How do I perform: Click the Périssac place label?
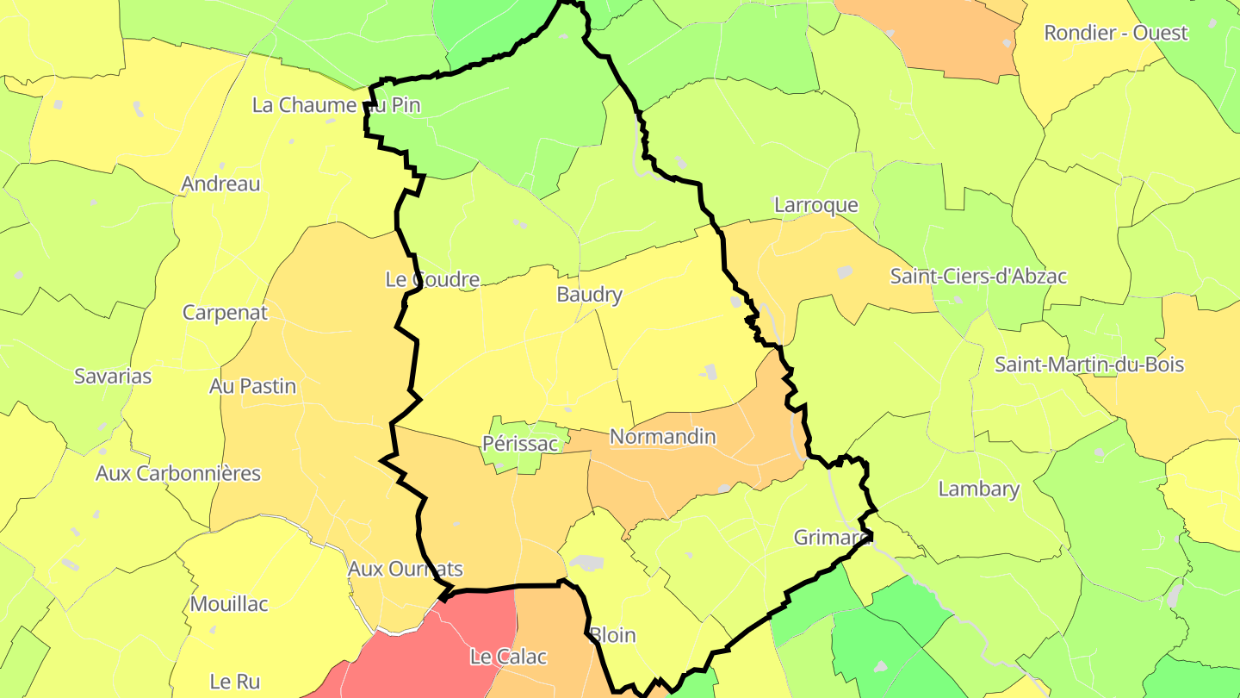pos(520,445)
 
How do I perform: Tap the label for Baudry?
pos(589,295)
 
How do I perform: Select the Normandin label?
pos(662,437)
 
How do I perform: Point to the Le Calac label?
pos(508,657)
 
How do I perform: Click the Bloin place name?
pos(612,636)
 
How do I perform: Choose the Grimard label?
pos(831,538)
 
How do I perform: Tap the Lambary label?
pos(978,489)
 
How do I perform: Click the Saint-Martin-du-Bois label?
pos(1089,365)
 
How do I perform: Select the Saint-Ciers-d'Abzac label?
pos(978,277)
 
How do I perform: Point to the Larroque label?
pos(816,205)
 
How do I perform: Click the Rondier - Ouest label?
pos(1115,33)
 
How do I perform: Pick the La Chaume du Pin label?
pos(336,105)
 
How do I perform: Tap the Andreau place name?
pos(220,184)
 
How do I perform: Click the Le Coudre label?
pos(431,279)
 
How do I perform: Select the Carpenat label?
pos(225,313)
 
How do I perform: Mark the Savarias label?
pos(113,377)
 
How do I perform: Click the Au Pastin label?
pos(252,386)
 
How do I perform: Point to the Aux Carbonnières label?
pos(178,474)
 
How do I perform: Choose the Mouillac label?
pos(229,604)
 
